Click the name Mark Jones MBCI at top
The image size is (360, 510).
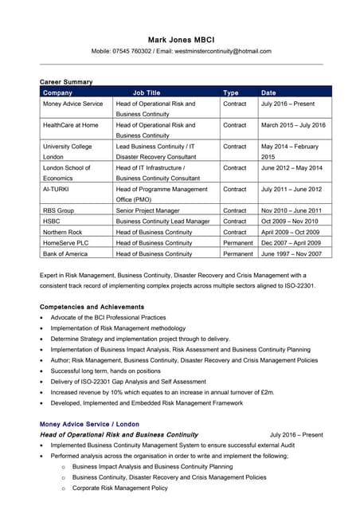coord(180,39)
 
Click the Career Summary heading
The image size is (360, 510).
coord(66,82)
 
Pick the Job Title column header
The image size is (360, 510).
coord(147,93)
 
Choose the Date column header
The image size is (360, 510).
coord(268,93)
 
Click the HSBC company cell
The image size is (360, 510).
coord(52,221)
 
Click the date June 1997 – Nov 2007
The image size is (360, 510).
coord(291,253)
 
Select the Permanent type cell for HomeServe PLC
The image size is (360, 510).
coord(238,242)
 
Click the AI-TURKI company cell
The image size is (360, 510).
coord(57,189)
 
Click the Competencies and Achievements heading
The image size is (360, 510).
coord(92,307)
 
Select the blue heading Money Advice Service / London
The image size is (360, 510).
coord(89,424)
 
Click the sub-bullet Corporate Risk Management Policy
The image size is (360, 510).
coord(119,488)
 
